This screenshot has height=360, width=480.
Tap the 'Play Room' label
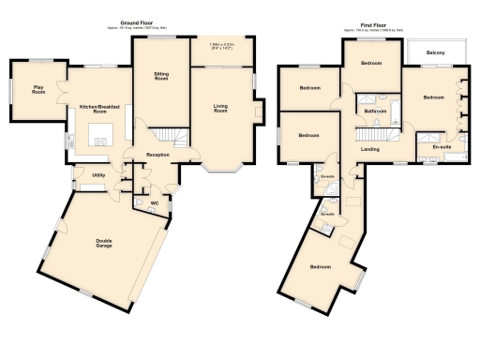point(38,90)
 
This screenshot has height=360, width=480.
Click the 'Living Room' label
point(222,109)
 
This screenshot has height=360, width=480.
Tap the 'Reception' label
point(157,154)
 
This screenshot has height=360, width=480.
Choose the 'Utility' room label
point(97,175)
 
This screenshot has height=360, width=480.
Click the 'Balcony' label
point(435,52)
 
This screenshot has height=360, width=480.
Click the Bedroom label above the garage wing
point(320,267)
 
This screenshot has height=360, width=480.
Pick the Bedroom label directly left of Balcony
point(372,63)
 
